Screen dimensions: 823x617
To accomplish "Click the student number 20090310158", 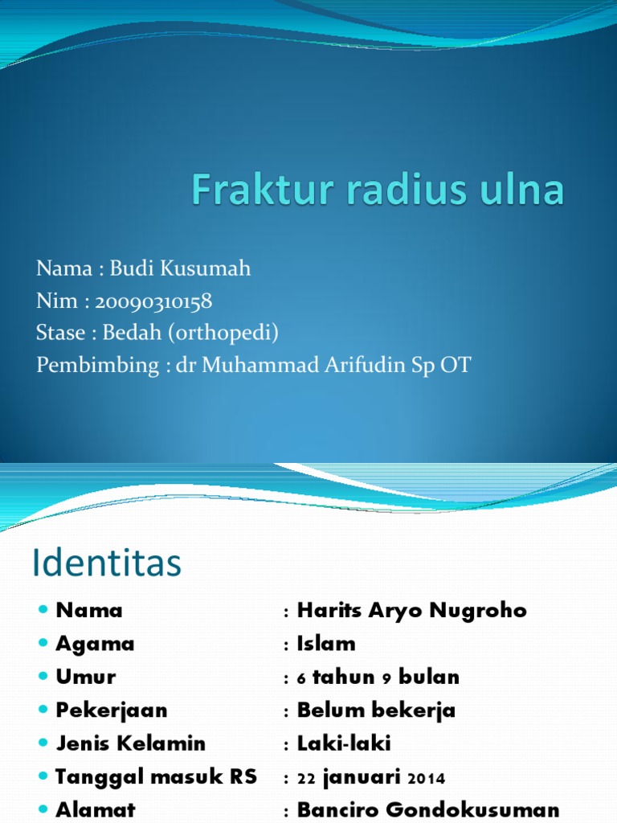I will pyautogui.click(x=153, y=301).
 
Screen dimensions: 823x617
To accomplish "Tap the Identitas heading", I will pyautogui.click(x=107, y=563).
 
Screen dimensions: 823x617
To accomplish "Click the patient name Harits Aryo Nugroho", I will pyautogui.click(x=411, y=610).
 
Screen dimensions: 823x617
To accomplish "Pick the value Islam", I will pyautogui.click(x=326, y=644).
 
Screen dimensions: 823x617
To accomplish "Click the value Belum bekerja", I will pyautogui.click(x=376, y=710).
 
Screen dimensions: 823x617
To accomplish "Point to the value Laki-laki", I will pyautogui.click(x=344, y=743).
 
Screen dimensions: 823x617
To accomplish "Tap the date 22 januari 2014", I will pyautogui.click(x=371, y=777).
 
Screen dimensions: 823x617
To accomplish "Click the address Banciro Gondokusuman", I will pyautogui.click(x=428, y=809).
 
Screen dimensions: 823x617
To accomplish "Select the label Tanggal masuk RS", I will pyautogui.click(x=156, y=777).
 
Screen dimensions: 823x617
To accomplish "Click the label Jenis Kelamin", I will pyautogui.click(x=131, y=743).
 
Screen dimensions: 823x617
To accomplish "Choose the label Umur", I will pyautogui.click(x=86, y=677).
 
